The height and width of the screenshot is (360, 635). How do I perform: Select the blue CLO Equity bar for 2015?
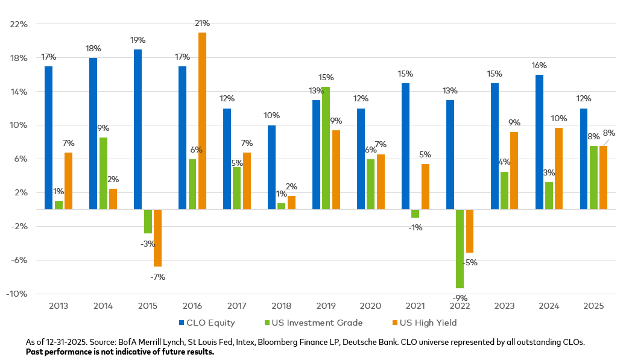click(x=137, y=129)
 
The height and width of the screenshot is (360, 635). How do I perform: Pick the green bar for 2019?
click(x=326, y=148)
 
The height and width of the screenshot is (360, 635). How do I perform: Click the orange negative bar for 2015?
click(x=157, y=238)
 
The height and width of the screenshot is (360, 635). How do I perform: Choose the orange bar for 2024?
click(x=559, y=168)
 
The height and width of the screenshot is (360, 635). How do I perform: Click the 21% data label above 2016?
click(x=202, y=23)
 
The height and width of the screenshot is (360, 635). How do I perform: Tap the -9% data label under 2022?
click(x=460, y=298)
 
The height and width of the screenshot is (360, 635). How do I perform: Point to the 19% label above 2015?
click(x=137, y=40)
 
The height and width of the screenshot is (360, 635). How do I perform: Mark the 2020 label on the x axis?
click(x=370, y=306)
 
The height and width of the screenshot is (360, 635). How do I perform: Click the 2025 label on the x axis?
click(x=593, y=306)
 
